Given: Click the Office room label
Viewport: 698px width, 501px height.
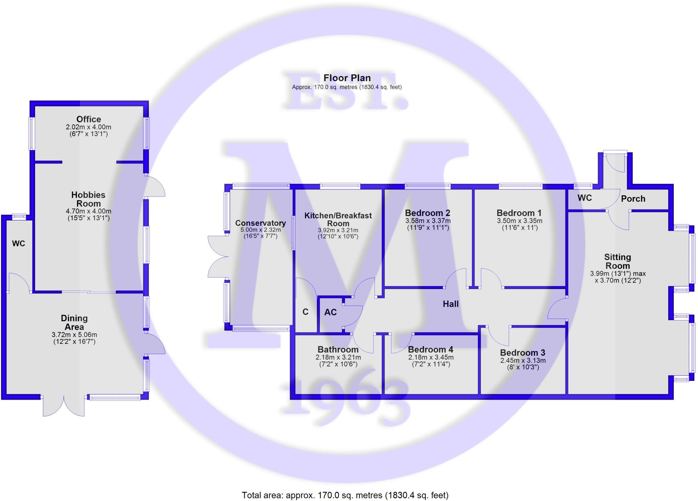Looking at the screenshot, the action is tap(89, 119).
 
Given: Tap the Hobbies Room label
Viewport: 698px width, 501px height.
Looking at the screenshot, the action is tap(88, 199).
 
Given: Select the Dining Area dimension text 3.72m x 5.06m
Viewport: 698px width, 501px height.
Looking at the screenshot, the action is tap(74, 335).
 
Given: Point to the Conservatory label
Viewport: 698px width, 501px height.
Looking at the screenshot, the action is tap(260, 223).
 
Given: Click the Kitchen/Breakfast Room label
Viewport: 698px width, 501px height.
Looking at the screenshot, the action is tap(338, 219).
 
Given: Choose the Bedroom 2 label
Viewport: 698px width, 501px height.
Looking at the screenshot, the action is tap(427, 213).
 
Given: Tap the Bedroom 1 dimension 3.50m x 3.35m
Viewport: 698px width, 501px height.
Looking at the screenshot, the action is tap(519, 221).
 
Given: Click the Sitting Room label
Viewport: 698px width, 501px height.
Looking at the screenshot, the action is tap(617, 261).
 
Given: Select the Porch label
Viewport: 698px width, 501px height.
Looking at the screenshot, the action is tap(633, 199).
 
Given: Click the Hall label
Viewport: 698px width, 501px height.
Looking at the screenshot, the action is tap(450, 304).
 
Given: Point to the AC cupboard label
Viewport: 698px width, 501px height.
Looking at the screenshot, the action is tap(330, 312).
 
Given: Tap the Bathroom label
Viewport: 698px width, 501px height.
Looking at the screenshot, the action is tap(338, 349).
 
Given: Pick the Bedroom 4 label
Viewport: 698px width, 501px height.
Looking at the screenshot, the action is tap(430, 349).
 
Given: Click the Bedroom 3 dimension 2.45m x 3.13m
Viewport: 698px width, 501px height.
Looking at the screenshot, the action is tap(522, 360).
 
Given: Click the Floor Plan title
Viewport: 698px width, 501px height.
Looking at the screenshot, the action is tap(347, 78).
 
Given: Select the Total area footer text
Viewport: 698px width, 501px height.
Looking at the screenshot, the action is tap(345, 495).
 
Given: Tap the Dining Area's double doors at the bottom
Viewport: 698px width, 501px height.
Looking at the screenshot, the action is tap(64, 406).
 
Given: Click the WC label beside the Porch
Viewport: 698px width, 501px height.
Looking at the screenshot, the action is tap(585, 198).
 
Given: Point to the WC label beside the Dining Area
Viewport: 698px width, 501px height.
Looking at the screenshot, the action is tap(18, 243).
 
